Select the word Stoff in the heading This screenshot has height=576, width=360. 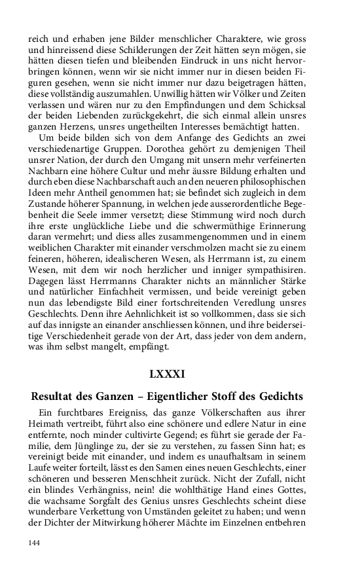tap(229, 397)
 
